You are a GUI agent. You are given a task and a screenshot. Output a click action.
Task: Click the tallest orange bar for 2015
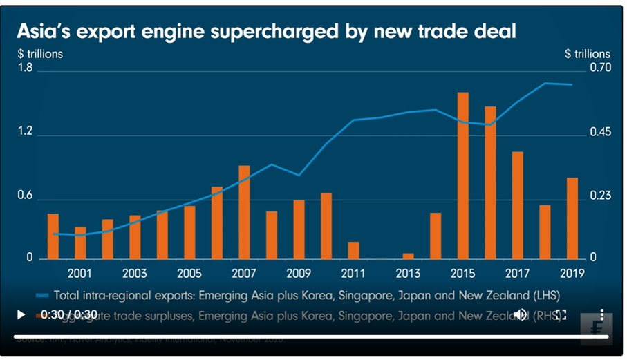point(463,176)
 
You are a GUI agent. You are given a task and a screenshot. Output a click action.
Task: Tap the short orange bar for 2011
point(353,251)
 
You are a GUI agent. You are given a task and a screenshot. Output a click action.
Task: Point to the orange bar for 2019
point(572,218)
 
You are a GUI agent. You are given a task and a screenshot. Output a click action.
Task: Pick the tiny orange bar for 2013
point(408,256)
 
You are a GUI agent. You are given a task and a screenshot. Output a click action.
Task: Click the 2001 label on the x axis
point(80,273)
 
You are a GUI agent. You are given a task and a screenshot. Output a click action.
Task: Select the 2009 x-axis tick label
point(299,273)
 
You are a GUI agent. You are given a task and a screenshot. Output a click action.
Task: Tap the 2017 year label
point(518,273)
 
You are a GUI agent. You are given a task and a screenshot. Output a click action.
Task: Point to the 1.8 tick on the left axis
point(26,68)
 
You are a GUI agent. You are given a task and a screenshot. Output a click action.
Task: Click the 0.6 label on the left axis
point(26,196)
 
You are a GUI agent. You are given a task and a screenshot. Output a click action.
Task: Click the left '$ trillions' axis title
point(40,53)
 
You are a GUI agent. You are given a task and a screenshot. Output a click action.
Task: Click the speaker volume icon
point(519,315)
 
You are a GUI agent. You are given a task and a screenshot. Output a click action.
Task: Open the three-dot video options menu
point(601,315)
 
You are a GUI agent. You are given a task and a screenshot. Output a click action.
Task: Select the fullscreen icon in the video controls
point(561,315)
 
